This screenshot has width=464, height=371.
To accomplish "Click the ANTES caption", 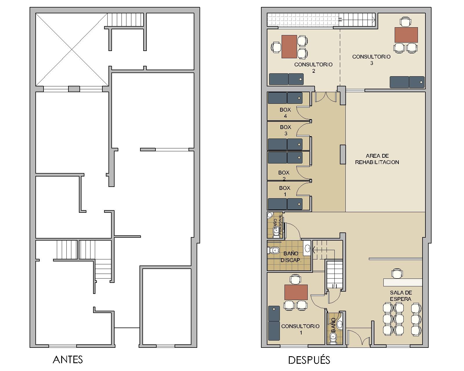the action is [68, 360].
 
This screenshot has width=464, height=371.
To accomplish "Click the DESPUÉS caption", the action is [309, 360].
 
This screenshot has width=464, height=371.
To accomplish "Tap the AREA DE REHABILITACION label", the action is [377, 159].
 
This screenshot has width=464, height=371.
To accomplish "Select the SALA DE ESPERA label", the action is [401, 296].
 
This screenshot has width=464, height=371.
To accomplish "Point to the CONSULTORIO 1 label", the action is [300, 329].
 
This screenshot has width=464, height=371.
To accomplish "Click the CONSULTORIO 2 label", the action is [313, 68].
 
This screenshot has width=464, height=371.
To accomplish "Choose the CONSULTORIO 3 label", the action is [371, 60].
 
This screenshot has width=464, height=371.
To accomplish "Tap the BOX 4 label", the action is [285, 113].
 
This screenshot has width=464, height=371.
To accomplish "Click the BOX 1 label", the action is [284, 191].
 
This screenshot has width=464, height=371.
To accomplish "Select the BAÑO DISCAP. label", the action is [291, 257].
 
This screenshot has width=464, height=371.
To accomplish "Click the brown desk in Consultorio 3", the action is [406, 35].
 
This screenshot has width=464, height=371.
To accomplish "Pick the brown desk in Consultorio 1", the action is [296, 292].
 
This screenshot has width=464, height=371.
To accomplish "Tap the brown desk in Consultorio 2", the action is [289, 47].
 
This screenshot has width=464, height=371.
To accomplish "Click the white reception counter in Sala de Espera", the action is [403, 282].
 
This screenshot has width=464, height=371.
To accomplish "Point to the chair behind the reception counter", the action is [397, 273].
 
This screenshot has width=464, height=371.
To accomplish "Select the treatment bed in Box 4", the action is [285, 98].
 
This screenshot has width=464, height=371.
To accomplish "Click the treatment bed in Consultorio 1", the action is [274, 323].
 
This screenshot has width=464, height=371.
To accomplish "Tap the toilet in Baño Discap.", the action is [273, 250].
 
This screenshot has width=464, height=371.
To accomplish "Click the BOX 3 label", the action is [285, 130].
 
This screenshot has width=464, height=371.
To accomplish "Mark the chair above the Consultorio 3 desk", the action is [405, 22].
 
